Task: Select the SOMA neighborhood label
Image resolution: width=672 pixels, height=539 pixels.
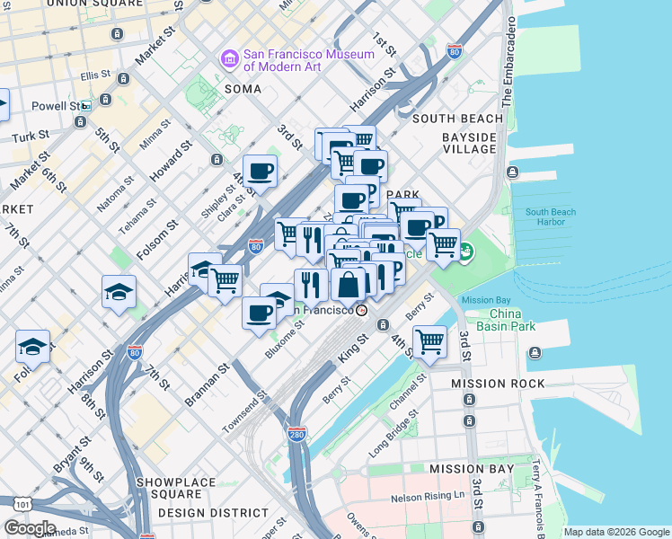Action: click(243, 89)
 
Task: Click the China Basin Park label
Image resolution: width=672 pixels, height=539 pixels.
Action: click(514, 320)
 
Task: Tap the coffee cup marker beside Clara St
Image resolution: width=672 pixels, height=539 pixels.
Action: click(260, 170)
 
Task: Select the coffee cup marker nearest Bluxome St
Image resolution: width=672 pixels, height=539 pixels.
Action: click(260, 314)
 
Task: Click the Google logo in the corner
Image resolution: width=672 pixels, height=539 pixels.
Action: click(30, 527)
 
